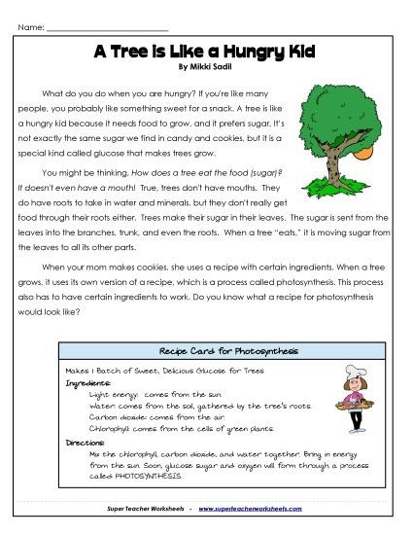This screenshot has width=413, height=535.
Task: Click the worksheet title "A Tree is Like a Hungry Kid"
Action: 206,53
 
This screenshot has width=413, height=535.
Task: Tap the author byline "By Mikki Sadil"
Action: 206,67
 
